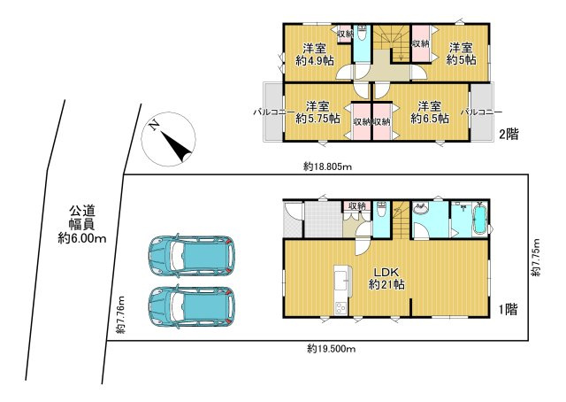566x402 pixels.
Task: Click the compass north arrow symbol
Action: pos(169,139)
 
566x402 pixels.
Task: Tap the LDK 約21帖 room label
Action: pos(386,278)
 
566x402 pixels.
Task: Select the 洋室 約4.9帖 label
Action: pos(315,54)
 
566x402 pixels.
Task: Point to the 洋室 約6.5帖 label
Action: pos(430,112)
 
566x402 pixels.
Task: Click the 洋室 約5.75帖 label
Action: pos(317,112)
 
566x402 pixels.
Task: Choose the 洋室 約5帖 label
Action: pos(461,54)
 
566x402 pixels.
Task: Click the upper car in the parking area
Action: pos(192,256)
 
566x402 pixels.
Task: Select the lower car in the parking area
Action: pos(192,307)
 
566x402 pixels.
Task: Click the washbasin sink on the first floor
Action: pos(420,209)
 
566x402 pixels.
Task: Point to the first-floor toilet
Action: pos(381,211)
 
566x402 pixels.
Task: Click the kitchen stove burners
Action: pos(341,307)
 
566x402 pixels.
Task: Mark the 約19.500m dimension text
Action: pos(332,349)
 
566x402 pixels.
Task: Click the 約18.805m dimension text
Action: pos(328,166)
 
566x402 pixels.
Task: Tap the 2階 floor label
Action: pos(509,135)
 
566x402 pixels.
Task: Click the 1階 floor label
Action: pos(509,309)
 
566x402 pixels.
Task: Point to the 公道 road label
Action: pos(82,211)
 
